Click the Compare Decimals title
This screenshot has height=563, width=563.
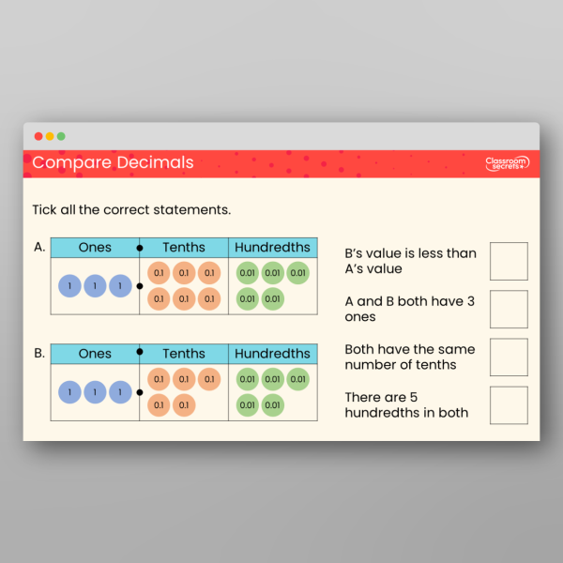pyautogui.click(x=113, y=163)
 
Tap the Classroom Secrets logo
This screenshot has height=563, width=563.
pyautogui.click(x=507, y=163)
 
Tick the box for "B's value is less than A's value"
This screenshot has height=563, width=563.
pyautogui.click(x=509, y=261)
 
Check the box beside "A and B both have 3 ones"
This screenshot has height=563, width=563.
pyautogui.click(x=509, y=309)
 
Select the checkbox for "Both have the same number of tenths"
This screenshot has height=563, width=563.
pyautogui.click(x=509, y=357)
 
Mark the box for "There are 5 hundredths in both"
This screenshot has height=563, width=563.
pyautogui.click(x=509, y=404)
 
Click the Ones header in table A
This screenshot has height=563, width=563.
pyautogui.click(x=95, y=248)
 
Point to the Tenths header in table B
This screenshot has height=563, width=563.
pyautogui.click(x=184, y=354)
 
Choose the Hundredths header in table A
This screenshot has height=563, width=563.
pyautogui.click(x=272, y=248)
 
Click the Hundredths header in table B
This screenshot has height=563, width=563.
pyautogui.click(x=272, y=354)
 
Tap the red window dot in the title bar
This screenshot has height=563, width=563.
pyautogui.click(x=38, y=136)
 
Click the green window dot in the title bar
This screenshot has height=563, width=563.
pyautogui.click(x=61, y=136)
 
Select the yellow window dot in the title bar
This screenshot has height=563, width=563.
pyautogui.click(x=50, y=136)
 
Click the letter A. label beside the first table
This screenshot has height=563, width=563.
pyautogui.click(x=39, y=248)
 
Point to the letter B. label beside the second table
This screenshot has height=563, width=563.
pyautogui.click(x=39, y=354)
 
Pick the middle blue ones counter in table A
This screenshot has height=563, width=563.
pyautogui.click(x=95, y=286)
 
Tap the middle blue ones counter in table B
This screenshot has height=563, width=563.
pyautogui.click(x=95, y=392)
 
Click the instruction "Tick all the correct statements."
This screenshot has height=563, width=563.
pyautogui.click(x=131, y=209)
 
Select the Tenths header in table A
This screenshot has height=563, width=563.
pyautogui.click(x=184, y=248)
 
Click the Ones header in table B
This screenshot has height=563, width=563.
pyautogui.click(x=95, y=354)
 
